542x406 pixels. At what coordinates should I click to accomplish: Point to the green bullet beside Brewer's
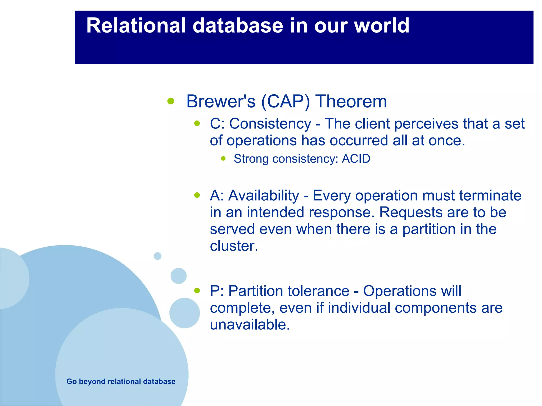point(171,101)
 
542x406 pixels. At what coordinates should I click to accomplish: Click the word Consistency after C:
point(270,124)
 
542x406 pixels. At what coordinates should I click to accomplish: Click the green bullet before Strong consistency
point(223,159)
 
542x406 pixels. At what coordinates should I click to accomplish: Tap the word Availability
point(264,196)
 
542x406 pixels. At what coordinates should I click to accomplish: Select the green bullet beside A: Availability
point(197,195)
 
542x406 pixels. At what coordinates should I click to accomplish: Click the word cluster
point(233,246)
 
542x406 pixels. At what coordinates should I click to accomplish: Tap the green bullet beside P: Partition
point(197,291)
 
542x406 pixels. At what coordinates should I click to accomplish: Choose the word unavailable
point(250,325)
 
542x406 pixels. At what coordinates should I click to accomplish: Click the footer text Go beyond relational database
point(121,381)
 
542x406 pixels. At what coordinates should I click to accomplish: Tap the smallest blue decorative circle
point(157,256)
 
